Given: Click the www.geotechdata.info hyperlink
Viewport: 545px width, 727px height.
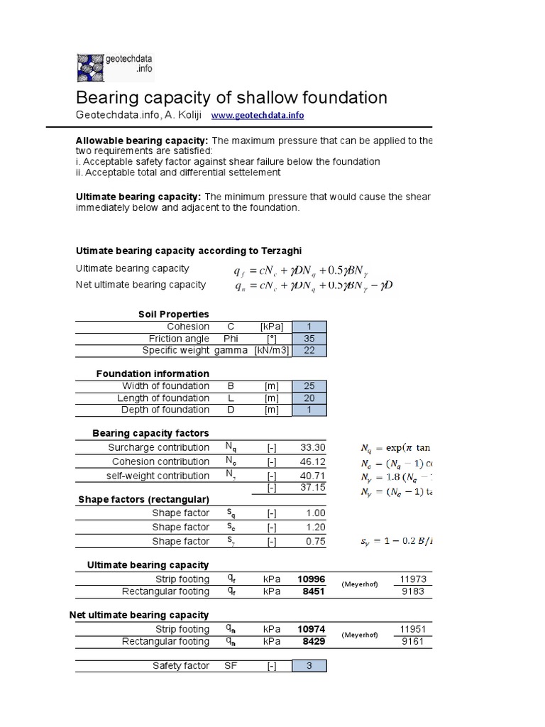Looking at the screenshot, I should [258, 116].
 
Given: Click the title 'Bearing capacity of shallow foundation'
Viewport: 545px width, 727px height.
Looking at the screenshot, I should [231, 97].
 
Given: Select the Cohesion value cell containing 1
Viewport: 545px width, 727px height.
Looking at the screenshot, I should [309, 327].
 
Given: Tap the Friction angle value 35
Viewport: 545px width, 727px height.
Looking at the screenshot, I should [309, 339].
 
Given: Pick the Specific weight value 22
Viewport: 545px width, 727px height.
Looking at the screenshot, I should [309, 350].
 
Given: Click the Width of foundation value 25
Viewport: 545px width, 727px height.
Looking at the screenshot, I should [309, 386].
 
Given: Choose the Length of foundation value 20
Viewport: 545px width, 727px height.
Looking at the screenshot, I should [309, 398].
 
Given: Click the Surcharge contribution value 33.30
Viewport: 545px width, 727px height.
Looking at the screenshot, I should [313, 448].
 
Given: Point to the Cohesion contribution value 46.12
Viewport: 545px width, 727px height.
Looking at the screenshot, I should [313, 462].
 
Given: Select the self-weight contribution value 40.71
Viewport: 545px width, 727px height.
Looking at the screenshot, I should [313, 476].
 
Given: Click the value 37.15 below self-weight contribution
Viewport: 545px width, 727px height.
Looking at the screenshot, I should [313, 488].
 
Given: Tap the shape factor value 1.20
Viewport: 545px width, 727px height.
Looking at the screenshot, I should [316, 528].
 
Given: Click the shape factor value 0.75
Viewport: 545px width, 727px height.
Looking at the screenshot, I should [316, 542].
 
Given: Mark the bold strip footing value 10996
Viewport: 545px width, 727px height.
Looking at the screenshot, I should [312, 579].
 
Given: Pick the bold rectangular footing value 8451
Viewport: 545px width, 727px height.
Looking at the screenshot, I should [315, 591].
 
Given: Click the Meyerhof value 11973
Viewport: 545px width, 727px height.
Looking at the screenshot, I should [413, 579].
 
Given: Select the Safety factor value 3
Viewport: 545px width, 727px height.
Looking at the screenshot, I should [309, 666].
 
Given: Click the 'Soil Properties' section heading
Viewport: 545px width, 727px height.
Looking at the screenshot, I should [174, 314].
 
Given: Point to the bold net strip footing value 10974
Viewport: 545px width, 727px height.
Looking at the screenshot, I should [312, 630].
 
